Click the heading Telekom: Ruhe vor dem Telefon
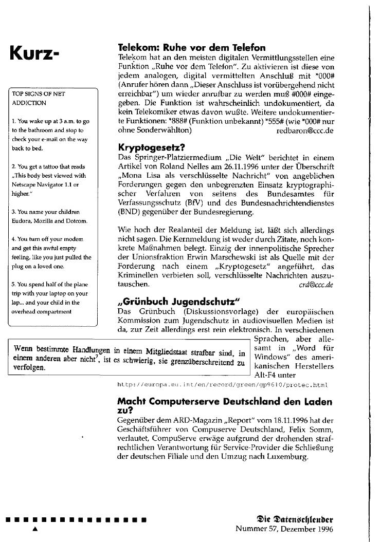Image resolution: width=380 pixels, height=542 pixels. pyautogui.click(x=191, y=49)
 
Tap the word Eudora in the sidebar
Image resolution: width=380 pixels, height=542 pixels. pyautogui.click(x=23, y=221)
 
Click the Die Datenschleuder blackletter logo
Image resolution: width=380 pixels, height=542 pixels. pyautogui.click(x=293, y=517)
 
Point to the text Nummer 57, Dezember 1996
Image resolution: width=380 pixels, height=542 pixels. pyautogui.click(x=284, y=528)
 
